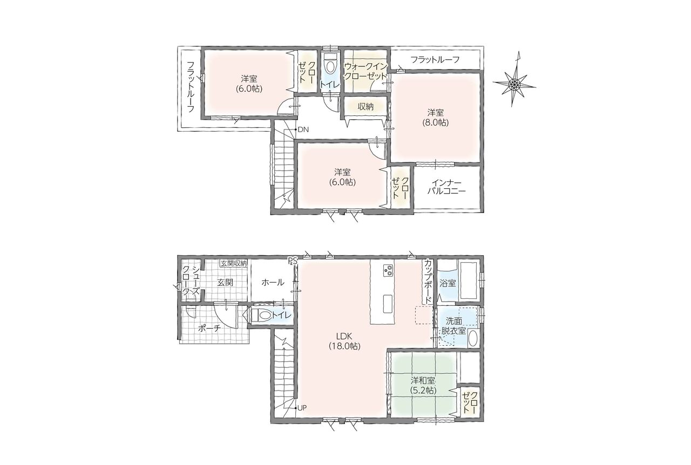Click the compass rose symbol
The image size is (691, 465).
514,83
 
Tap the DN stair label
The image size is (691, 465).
303,129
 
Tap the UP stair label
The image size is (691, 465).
302,408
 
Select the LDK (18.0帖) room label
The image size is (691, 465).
344,341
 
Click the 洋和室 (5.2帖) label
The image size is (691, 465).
423,386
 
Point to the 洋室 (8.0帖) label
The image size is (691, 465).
436,118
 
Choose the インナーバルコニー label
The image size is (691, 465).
446,187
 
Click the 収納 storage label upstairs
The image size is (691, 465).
365,106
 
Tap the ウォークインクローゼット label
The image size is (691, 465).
365,71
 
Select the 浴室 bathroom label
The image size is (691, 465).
448,283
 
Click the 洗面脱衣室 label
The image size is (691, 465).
453,326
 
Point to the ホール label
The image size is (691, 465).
273,282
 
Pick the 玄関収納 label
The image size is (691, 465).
234,263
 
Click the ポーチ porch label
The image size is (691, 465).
209,329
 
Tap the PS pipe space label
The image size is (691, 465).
292,261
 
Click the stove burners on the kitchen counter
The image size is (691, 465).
388,270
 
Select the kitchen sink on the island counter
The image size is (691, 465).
388,304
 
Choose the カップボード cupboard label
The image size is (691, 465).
428,282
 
